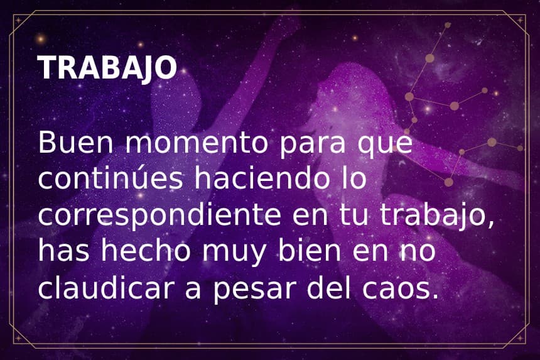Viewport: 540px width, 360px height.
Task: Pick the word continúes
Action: point(111,179)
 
